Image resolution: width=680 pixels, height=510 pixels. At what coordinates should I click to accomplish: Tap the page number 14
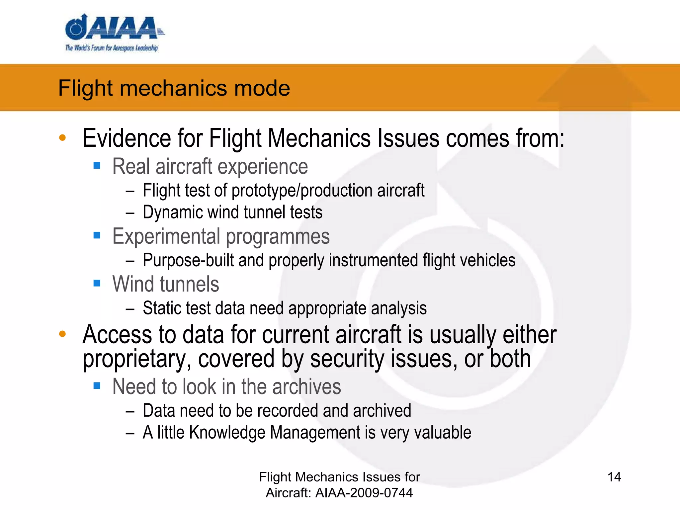pos(614,477)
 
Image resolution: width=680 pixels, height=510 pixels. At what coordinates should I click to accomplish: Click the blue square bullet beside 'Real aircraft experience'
pos(97,165)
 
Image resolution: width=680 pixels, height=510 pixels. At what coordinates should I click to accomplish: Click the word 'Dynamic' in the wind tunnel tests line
pos(173,212)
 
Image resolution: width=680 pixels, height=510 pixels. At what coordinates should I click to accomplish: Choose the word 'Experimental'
pos(166,236)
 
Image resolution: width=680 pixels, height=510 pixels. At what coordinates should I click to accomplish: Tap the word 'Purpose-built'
pos(188,260)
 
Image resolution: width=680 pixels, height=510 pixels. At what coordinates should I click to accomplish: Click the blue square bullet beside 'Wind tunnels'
pos(97,283)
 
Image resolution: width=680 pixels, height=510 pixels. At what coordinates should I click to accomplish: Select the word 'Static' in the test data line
pos(162,308)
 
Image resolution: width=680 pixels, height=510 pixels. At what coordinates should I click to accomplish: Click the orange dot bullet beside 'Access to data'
pos(62,334)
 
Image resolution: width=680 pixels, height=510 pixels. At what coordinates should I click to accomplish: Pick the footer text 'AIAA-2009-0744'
pos(364,493)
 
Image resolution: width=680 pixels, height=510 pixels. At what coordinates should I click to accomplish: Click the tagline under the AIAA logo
pos(112,48)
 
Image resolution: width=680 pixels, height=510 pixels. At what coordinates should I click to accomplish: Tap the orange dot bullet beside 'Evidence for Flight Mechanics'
pos(62,137)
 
